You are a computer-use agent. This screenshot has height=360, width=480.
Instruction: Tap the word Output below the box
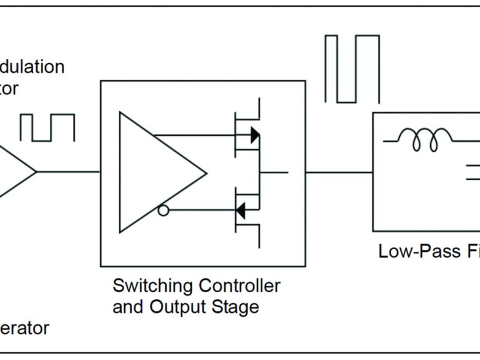[x=178, y=307]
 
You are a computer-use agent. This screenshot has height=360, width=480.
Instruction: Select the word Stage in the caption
[x=236, y=307]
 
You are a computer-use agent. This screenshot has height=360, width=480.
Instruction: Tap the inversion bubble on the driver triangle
[x=163, y=211]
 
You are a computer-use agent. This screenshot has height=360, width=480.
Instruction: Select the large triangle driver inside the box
[x=156, y=172]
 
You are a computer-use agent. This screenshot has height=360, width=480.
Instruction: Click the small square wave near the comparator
[x=47, y=127]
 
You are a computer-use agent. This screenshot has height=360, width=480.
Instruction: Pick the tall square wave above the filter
[x=352, y=69]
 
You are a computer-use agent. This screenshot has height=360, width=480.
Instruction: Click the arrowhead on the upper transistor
[x=254, y=135]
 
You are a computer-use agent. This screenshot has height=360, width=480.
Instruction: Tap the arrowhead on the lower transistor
[x=241, y=211]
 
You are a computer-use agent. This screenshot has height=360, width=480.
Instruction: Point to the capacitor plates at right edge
[x=472, y=174]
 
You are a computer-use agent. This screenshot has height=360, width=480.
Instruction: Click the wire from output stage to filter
[x=339, y=172]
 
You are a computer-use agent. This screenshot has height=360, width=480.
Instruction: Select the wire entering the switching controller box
[x=69, y=172]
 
